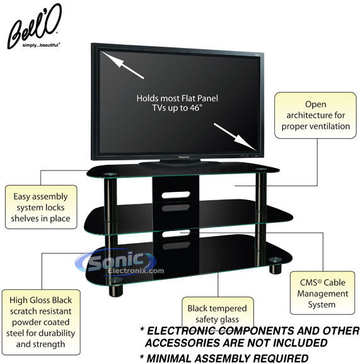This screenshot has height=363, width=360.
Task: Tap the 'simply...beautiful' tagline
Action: tap(42, 45)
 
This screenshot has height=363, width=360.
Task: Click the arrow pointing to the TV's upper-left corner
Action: tap(123, 65)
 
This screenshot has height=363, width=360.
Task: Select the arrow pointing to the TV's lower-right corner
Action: tap(235, 136)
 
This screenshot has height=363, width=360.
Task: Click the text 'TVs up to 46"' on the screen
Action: tap(177, 108)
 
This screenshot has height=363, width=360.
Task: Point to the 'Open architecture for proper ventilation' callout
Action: tap(315, 116)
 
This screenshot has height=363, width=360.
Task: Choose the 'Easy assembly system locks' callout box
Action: tap(41, 207)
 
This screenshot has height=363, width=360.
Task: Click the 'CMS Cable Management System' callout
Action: tap(322, 293)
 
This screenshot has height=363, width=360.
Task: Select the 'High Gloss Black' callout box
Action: tap(41, 322)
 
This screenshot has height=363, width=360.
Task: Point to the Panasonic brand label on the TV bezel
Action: tap(184, 157)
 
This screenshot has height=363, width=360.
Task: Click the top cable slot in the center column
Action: tap(176, 195)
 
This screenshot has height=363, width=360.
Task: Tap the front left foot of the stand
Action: tap(116, 291)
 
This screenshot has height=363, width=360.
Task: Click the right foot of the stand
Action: tap(276, 268)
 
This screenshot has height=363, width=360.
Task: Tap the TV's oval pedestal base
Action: tap(179, 164)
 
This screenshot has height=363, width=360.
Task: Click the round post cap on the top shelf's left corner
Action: tap(110, 174)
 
